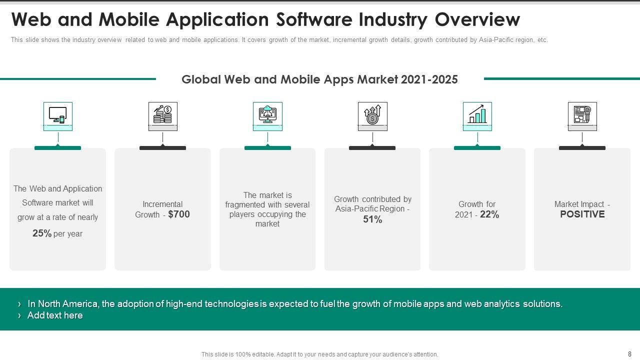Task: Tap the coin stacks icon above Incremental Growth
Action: coord(162,115)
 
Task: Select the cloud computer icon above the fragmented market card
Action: coord(267,115)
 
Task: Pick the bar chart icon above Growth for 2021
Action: coord(477,115)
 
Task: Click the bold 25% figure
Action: coord(42,233)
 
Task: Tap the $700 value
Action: coord(179,214)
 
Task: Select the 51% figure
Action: coord(372,219)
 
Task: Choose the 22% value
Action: coord(489,214)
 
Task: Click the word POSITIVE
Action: coord(582,214)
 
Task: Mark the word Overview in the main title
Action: coord(477,20)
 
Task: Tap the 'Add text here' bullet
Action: coord(55,315)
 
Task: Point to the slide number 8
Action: coord(629,354)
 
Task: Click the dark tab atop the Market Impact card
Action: coord(582,148)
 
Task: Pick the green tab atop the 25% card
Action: coord(57,148)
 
